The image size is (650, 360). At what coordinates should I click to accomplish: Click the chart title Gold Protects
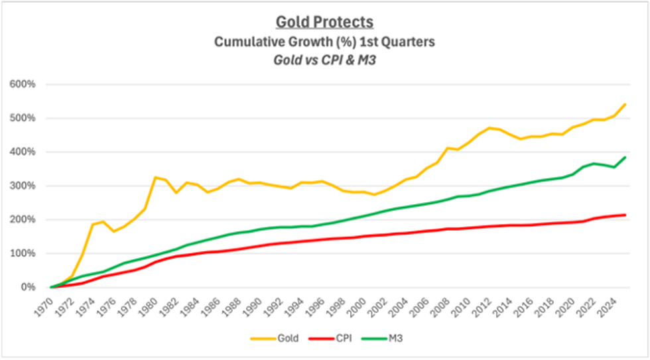pos(324,22)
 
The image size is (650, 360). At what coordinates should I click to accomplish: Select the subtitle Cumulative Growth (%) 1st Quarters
pos(324,41)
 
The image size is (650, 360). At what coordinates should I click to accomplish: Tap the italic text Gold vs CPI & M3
pos(324,59)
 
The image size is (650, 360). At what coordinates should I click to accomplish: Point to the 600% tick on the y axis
pos(23,84)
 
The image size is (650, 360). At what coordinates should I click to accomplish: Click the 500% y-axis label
pos(23,118)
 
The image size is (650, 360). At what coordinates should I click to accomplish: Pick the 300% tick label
pos(23,186)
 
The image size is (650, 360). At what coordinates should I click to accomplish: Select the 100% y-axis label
pos(23,253)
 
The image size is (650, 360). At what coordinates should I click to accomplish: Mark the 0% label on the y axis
pos(27,287)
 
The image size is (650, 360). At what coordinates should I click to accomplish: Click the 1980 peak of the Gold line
pos(155,177)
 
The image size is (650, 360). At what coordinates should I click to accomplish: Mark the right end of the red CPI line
pos(625,215)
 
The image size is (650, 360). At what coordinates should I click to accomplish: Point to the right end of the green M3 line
pos(625,157)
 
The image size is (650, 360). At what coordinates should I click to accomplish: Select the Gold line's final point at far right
pos(625,104)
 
